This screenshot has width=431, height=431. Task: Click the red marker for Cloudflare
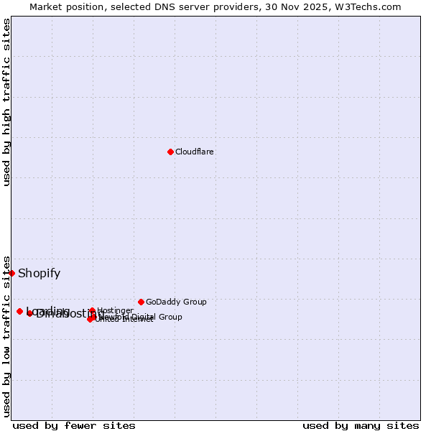click(170, 152)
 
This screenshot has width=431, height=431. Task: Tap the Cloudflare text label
click(195, 152)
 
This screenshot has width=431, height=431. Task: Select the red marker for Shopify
click(11, 273)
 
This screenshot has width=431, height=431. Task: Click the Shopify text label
click(39, 274)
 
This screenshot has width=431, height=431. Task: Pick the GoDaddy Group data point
click(141, 302)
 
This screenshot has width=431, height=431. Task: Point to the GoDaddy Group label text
click(176, 302)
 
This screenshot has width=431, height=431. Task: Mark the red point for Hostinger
click(92, 310)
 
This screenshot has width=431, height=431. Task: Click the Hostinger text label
click(115, 311)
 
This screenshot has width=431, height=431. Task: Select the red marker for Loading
click(19, 311)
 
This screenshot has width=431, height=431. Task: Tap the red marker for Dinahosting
click(30, 314)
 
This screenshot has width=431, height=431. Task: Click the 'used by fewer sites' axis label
click(74, 426)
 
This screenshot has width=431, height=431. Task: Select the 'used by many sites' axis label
click(361, 426)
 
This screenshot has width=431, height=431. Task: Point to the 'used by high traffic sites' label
click(7, 102)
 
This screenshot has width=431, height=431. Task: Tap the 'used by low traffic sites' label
click(7, 335)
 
